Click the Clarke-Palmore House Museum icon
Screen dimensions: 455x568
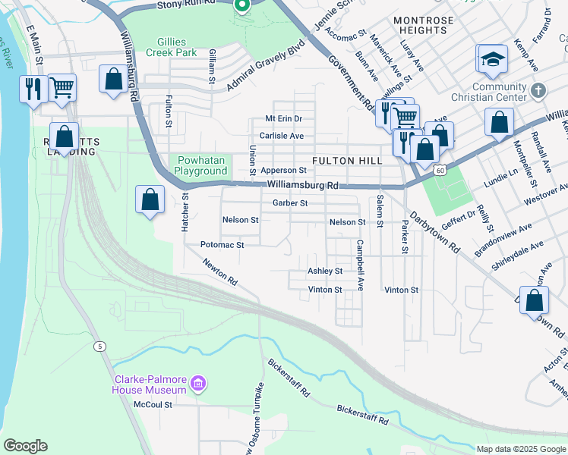[x=198, y=384]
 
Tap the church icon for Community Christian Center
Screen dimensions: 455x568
[x=538, y=90]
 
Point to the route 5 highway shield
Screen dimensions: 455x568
[x=99, y=347]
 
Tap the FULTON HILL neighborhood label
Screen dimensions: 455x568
[x=344, y=160]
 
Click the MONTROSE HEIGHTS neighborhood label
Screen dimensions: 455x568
[x=424, y=25]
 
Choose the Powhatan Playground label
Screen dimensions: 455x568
[x=200, y=165]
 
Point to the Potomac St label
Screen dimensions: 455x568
[x=222, y=245]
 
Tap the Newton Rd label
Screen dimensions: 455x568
[x=219, y=272]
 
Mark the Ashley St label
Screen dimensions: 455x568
[x=324, y=271]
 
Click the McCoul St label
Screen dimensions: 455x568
[x=153, y=405]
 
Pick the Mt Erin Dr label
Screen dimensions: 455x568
[x=283, y=119]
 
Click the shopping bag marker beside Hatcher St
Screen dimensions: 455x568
[x=150, y=199]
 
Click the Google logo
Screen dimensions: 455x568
[x=25, y=446]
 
